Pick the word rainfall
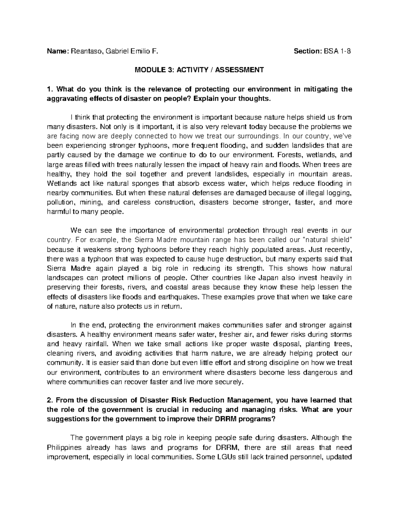pos(95,344)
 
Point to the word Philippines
pos(63,447)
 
